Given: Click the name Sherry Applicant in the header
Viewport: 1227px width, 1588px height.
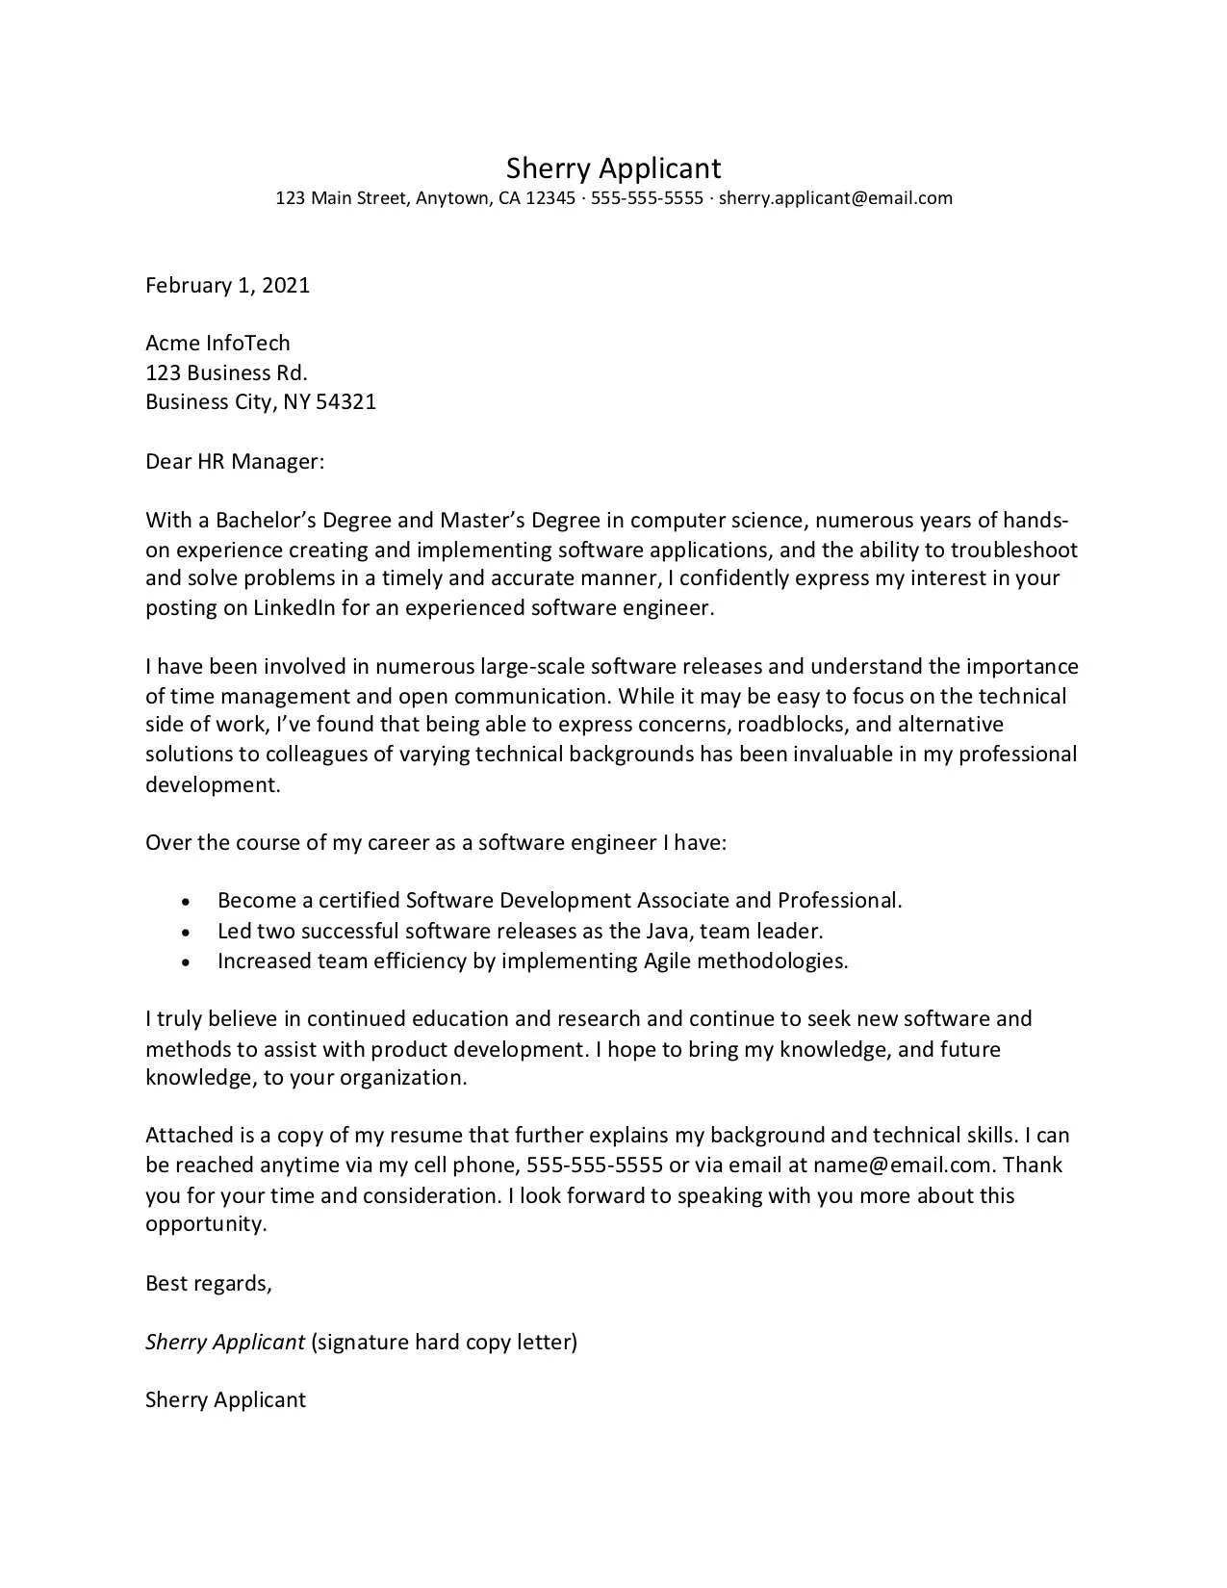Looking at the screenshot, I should pos(613,168).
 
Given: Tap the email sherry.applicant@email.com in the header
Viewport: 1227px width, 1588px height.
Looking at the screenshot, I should pos(835,198).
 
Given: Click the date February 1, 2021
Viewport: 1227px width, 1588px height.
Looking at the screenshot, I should pos(227,285).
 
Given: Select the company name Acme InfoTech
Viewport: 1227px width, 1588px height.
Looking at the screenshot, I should pos(217,344).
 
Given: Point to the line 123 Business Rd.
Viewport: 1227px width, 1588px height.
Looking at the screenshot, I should pos(226,372).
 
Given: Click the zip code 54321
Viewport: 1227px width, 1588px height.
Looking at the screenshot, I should pos(345,401).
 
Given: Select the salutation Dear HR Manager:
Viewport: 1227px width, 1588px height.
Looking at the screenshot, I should pos(235,461).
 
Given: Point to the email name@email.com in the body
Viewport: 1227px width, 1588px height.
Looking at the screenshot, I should pos(902,1165).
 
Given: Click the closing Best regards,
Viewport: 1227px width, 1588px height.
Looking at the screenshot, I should pos(209,1283).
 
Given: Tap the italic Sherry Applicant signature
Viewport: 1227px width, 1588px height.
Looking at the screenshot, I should pos(225,1342).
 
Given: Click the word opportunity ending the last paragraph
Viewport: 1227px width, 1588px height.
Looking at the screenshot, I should pos(203,1224).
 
